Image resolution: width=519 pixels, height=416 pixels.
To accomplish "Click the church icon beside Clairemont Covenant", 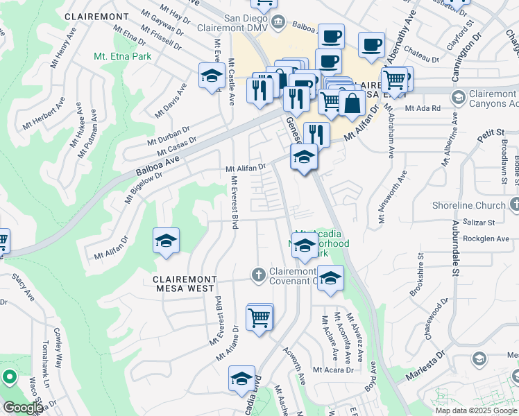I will click(258, 275).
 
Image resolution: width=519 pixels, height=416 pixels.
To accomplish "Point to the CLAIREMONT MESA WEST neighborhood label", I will click(185, 285).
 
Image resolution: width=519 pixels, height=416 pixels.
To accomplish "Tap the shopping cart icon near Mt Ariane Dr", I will click(259, 318).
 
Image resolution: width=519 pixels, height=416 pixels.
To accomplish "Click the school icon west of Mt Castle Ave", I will click(210, 77).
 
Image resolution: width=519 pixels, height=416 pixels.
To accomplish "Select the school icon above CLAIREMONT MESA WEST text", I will click(166, 241).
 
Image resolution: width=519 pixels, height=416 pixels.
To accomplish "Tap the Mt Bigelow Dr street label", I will click(144, 187).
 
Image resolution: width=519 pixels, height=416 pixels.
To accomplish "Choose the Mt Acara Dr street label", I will click(333, 370).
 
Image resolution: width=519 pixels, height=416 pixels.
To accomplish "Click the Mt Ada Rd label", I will click(423, 108).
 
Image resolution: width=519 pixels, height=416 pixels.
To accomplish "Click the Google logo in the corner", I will click(23, 407).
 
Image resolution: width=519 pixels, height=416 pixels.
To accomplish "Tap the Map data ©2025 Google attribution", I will click(475, 410).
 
